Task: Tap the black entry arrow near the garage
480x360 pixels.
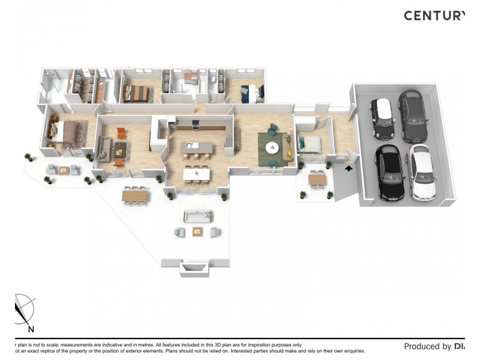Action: pyautogui.click(x=349, y=169)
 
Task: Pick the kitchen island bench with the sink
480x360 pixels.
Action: pyautogui.click(x=197, y=146)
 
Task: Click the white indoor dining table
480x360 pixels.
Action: pyautogui.click(x=197, y=173)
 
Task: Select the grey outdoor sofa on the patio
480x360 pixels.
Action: pyautogui.click(x=197, y=217)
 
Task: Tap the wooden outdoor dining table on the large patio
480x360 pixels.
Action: pyautogui.click(x=134, y=195)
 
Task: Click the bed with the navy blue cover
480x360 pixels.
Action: pyautogui.click(x=250, y=94)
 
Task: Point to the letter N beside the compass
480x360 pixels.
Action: pyautogui.click(x=31, y=329)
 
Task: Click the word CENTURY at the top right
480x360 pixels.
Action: pyautogui.click(x=433, y=16)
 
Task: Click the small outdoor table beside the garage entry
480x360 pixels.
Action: pyautogui.click(x=317, y=179)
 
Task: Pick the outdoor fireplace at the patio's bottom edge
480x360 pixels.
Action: pyautogui.click(x=195, y=269)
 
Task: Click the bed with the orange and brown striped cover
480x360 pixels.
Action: pyautogui.click(x=137, y=93)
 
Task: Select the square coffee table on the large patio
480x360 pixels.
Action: pyautogui.click(x=197, y=231)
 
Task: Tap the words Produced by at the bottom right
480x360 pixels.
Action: pyautogui.click(x=427, y=346)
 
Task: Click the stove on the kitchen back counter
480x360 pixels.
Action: pyautogui.click(x=196, y=125)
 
